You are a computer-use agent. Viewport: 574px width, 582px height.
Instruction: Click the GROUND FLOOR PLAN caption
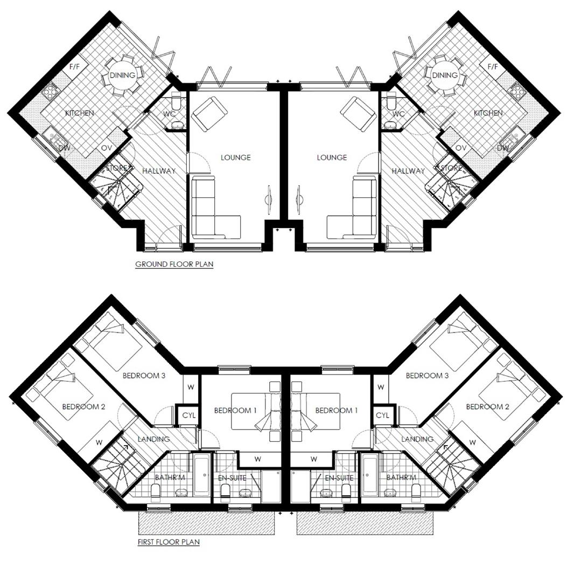pyautogui.click(x=174, y=264)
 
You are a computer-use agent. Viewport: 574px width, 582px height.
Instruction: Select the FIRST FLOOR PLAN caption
pyautogui.click(x=169, y=542)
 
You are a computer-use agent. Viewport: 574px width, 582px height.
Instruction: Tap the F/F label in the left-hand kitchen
pyautogui.click(x=74, y=67)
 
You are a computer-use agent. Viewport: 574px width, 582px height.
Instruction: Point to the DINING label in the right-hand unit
pyautogui.click(x=445, y=75)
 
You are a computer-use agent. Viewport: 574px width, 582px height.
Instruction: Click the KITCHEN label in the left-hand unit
pyautogui.click(x=80, y=113)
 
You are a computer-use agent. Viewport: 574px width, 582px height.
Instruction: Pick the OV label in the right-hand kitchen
pyautogui.click(x=461, y=148)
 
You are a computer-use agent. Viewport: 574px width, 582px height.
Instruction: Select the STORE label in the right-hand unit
pyautogui.click(x=451, y=168)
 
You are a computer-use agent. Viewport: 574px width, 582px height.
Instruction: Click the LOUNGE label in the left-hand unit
pyautogui.click(x=235, y=157)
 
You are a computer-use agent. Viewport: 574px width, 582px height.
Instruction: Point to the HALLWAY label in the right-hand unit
pyautogui.click(x=408, y=171)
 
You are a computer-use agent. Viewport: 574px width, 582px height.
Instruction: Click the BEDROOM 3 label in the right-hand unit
pyautogui.click(x=427, y=376)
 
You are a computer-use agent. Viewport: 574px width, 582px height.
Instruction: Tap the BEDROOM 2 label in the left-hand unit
pyautogui.click(x=83, y=406)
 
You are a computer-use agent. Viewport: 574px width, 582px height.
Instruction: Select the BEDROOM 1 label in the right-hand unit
pyautogui.click(x=337, y=411)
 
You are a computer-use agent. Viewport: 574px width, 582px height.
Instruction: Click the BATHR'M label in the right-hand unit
pyautogui.click(x=402, y=478)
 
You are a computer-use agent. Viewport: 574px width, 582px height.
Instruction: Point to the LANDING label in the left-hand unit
pyautogui.click(x=154, y=439)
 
